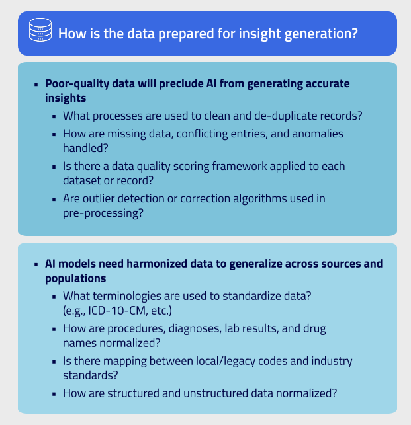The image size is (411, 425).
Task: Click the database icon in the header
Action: pos(40,32)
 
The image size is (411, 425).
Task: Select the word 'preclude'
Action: pos(183,84)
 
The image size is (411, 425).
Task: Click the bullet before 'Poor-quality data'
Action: pos(36,85)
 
